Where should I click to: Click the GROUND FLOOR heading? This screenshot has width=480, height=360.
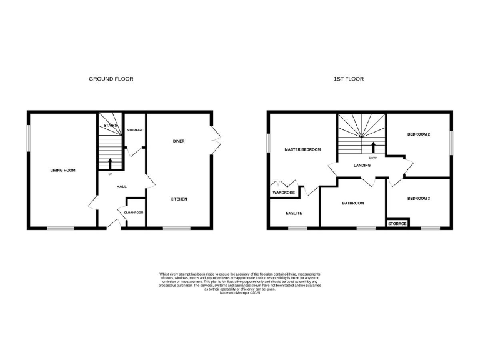point(111,79)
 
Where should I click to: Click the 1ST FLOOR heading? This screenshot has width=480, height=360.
point(348,79)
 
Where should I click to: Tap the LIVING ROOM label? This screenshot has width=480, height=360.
point(62,170)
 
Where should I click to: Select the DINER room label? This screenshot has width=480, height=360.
point(179,141)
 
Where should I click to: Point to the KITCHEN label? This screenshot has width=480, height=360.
point(179,199)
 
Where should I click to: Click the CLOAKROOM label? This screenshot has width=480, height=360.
point(134,212)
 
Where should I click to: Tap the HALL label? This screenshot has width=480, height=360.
point(122,186)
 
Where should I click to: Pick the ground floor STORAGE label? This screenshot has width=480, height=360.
point(135,130)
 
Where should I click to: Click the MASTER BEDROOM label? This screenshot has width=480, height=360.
point(302,150)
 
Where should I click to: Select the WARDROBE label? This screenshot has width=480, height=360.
point(284,192)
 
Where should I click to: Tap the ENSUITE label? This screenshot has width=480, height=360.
point(294,213)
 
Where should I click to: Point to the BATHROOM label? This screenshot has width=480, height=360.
point(352,203)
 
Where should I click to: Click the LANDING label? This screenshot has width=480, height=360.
point(362,165)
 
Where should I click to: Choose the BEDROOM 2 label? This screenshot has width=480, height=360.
point(419,134)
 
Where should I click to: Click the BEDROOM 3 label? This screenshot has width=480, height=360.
point(419,199)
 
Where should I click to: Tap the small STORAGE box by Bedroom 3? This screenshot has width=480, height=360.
point(397,223)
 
